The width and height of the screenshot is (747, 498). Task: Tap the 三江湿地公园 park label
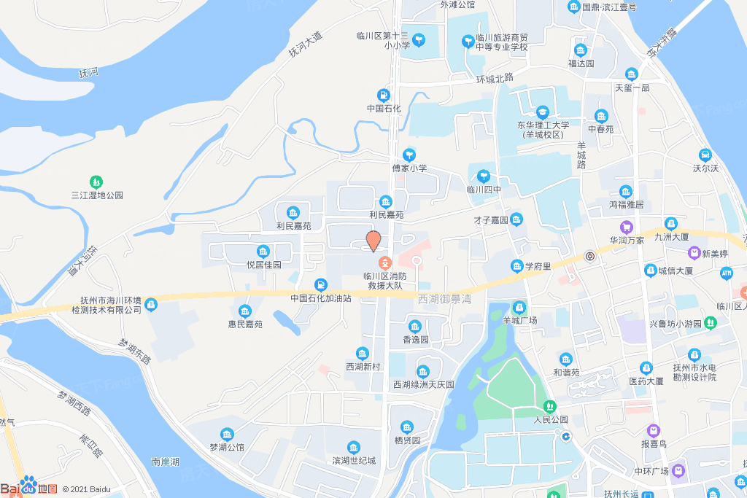coord(97,195)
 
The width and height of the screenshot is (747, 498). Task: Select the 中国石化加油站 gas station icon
coord(320,284)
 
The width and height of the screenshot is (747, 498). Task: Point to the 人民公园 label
coord(551,419)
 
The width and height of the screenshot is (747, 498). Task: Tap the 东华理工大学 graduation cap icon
coord(543,112)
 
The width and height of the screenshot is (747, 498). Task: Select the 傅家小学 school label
coord(409,168)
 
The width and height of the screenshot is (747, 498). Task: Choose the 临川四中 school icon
coord(483,176)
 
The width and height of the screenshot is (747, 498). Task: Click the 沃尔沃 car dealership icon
coord(705,155)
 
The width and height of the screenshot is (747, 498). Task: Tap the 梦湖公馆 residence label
coord(227,447)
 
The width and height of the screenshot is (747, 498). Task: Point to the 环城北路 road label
coord(495,78)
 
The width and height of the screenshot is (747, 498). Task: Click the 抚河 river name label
coord(88,73)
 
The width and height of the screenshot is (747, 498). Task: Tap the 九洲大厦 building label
coord(672,236)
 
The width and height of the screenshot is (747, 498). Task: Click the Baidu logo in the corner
coord(29,487)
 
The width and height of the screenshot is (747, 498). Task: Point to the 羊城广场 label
coord(520,320)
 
